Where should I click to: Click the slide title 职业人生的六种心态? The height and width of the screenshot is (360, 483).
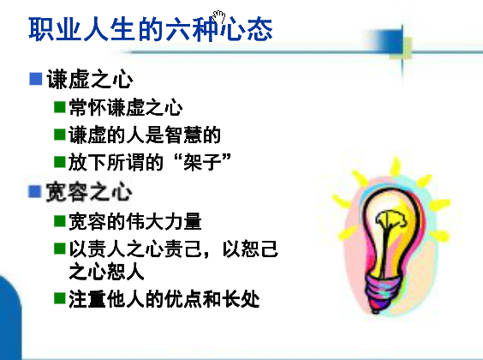151,30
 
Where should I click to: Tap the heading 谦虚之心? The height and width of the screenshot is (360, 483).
90,79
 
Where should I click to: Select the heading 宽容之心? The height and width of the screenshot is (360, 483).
89,192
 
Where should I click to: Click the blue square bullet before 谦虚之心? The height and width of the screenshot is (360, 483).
35,79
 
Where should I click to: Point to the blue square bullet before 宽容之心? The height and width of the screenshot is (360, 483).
34,191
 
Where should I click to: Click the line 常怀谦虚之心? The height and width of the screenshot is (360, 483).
126,107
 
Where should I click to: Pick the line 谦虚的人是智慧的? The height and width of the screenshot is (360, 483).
145,135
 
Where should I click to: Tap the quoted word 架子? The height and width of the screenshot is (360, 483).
202,162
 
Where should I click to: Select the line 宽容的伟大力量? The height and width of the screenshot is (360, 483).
135,221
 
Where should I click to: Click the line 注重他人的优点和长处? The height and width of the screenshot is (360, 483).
164,299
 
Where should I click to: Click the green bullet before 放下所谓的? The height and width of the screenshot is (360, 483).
60,162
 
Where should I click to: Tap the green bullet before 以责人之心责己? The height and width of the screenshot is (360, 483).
60,249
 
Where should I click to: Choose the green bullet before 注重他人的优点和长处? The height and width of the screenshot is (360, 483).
60,298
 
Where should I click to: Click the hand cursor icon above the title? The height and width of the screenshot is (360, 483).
219,17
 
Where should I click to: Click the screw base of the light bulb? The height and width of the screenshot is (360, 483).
382,292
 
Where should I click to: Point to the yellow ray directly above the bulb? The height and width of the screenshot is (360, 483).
396,166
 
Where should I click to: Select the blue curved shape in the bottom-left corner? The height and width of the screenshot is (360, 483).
11,317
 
